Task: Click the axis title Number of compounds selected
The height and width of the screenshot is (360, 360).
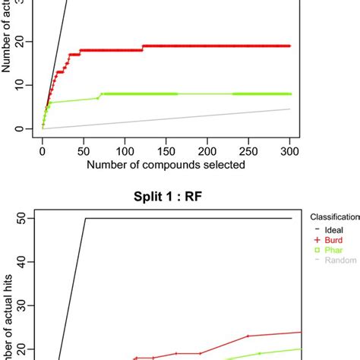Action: tap(166, 164)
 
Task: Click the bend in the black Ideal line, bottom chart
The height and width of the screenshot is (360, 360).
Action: tap(85, 219)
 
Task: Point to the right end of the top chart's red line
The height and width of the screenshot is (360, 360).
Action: tap(290, 46)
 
